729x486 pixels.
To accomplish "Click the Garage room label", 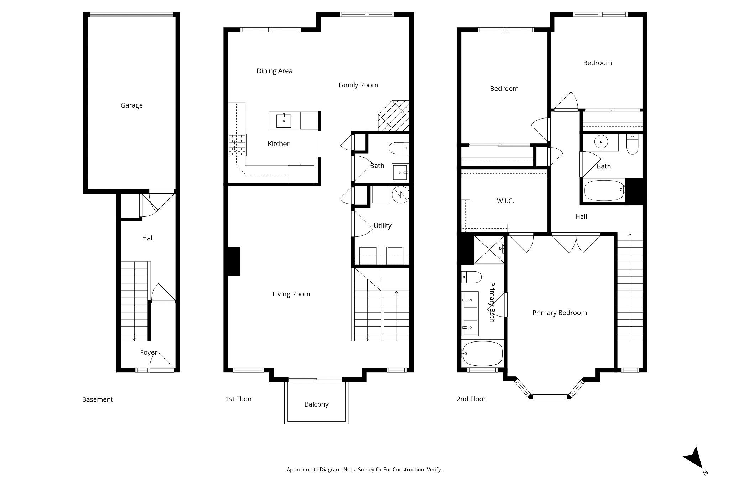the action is (131, 105).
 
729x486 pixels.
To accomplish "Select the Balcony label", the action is (316, 404).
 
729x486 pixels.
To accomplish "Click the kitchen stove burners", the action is (237, 145).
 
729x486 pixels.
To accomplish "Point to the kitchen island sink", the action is (284, 121).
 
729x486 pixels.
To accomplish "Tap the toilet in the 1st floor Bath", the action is (398, 148).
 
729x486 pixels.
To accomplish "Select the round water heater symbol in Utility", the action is (400, 194).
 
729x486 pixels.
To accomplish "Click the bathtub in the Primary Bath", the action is (482, 354).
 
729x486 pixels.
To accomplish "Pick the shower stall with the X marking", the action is (489, 249).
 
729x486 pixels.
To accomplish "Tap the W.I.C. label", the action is (505, 201).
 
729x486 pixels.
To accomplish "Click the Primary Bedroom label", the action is (560, 313).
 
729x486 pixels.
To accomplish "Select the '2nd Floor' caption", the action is (471, 399).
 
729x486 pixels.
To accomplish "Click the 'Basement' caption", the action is (98, 399).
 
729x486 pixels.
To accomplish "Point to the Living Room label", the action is (291, 294).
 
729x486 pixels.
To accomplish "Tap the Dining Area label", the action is (274, 71).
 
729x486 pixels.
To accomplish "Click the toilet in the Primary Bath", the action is (471, 277).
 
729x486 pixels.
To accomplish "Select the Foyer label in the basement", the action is (148, 352).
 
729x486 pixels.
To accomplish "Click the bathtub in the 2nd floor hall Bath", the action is (604, 190).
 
